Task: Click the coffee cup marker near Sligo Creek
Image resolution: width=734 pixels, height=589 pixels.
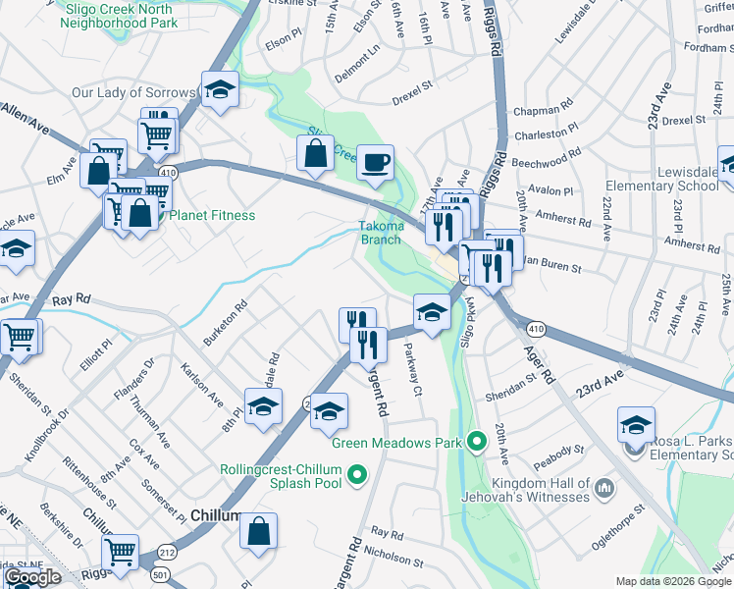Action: pyautogui.click(x=374, y=161)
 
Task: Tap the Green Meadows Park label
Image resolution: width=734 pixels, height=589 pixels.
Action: pyautogui.click(x=395, y=443)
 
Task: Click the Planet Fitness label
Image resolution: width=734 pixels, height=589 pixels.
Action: pyautogui.click(x=213, y=215)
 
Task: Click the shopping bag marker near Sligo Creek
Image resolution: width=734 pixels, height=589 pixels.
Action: pyautogui.click(x=315, y=153)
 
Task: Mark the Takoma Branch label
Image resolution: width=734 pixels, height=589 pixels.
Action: pyautogui.click(x=381, y=233)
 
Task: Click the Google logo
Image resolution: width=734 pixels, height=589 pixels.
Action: pyautogui.click(x=32, y=577)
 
